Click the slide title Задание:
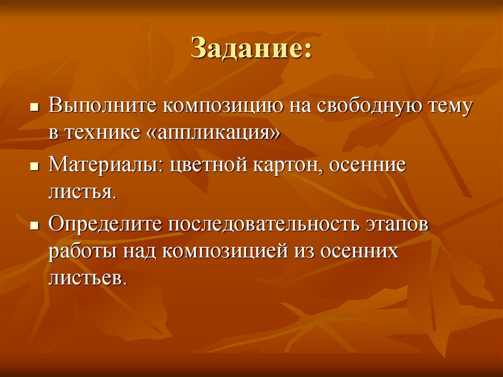pos(251,50)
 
